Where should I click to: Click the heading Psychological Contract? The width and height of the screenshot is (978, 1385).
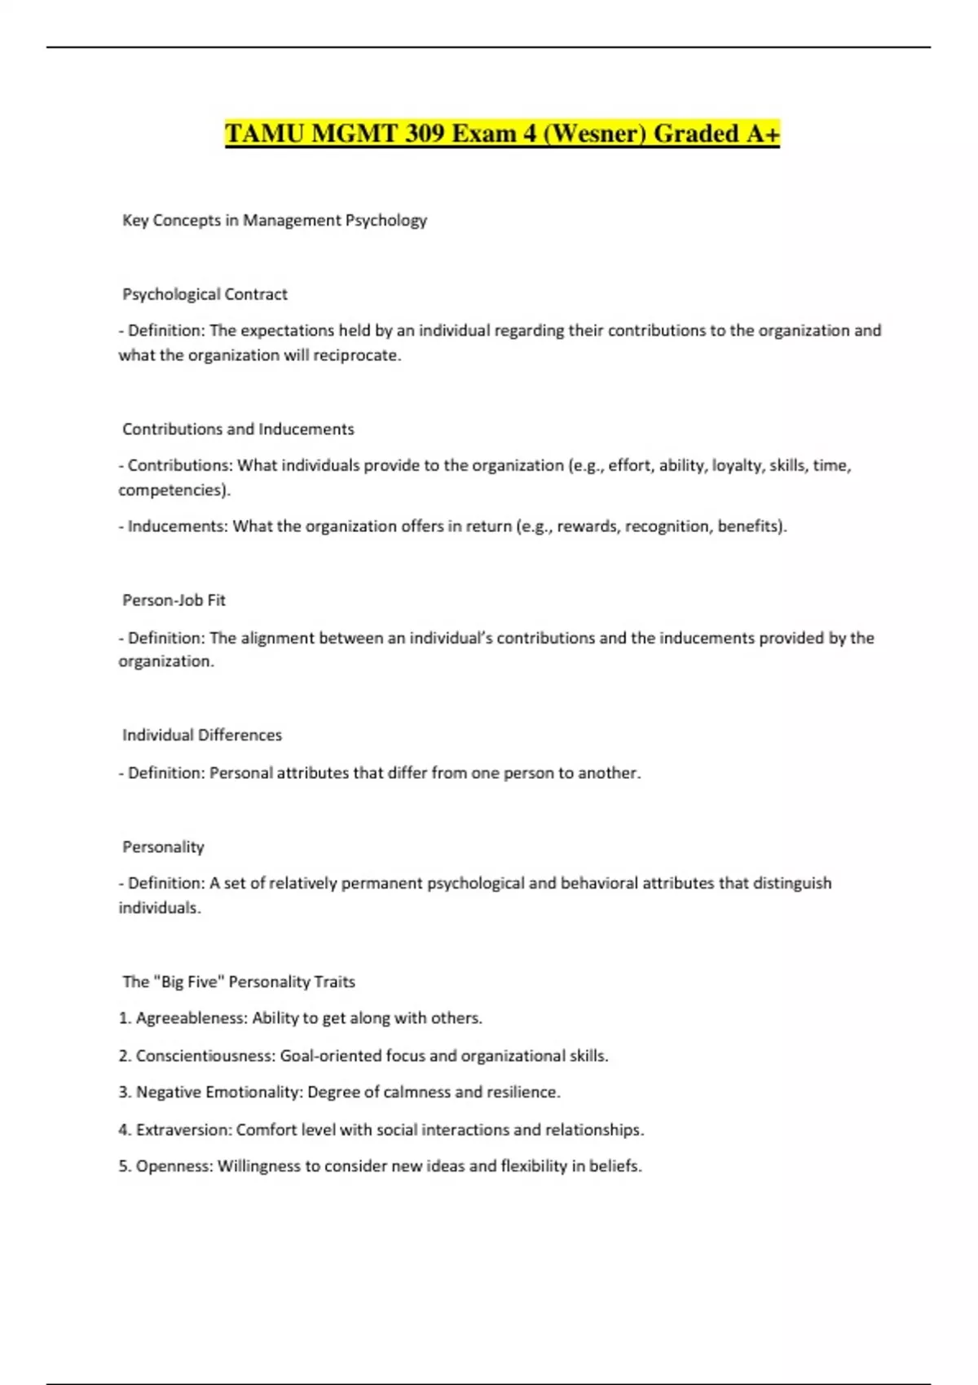[x=205, y=294]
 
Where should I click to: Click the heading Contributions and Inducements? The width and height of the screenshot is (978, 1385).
[x=238, y=429]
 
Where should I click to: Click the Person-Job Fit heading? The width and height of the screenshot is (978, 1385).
[x=174, y=600]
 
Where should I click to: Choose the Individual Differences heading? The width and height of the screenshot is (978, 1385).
[x=202, y=735]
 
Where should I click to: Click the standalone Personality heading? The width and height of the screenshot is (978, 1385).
[x=163, y=847]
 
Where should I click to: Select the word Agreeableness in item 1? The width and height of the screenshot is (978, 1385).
[x=191, y=1018]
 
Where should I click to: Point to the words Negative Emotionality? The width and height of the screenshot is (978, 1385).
[x=218, y=1093]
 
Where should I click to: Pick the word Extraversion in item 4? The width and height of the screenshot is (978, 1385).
[x=183, y=1130]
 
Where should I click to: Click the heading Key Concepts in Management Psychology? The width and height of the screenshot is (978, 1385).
[x=275, y=220]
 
